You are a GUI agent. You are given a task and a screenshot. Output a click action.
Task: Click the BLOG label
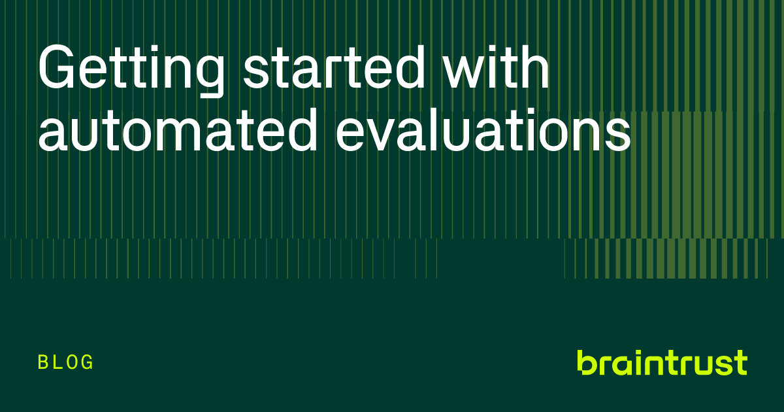[x=66, y=362]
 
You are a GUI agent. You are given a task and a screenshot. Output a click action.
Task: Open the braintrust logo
[x=661, y=362]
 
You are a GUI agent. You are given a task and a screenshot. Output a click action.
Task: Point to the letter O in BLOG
[x=73, y=362]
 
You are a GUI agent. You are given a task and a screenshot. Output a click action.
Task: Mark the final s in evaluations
[x=617, y=133]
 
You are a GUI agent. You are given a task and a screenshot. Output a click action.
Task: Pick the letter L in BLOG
[x=58, y=362]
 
